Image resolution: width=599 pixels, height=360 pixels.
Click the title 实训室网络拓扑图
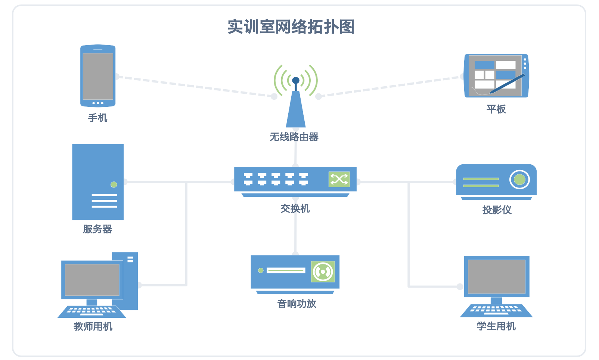tap(291, 27)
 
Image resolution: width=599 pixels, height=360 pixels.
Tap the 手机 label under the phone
tap(97, 118)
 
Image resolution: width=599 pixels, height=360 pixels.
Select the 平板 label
tap(496, 109)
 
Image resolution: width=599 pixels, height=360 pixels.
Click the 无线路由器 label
tap(294, 137)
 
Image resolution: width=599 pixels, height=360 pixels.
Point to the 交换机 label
tap(295, 208)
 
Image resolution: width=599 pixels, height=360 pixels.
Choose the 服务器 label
tap(97, 229)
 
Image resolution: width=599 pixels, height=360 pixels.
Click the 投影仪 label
tap(497, 210)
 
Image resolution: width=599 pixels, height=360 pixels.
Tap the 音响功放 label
tap(297, 304)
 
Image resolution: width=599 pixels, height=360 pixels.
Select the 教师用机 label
tap(93, 326)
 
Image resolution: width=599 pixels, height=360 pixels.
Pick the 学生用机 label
tap(496, 326)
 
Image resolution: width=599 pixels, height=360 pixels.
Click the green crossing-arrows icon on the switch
tap(339, 179)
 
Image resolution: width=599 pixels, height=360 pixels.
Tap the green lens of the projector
tap(519, 180)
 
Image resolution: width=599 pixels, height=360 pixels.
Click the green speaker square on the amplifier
tap(323, 271)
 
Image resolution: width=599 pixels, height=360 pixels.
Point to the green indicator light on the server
tap(114, 184)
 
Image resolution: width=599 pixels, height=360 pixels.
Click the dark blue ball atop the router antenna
tap(296, 80)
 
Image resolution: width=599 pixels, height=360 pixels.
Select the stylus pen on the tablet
tap(507, 84)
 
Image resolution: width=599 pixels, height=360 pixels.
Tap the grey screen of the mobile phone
tap(98, 76)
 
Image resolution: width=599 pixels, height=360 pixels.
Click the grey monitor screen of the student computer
tap(496, 276)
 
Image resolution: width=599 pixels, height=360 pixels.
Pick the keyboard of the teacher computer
tap(92, 311)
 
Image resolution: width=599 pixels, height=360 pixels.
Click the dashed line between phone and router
tap(194, 86)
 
